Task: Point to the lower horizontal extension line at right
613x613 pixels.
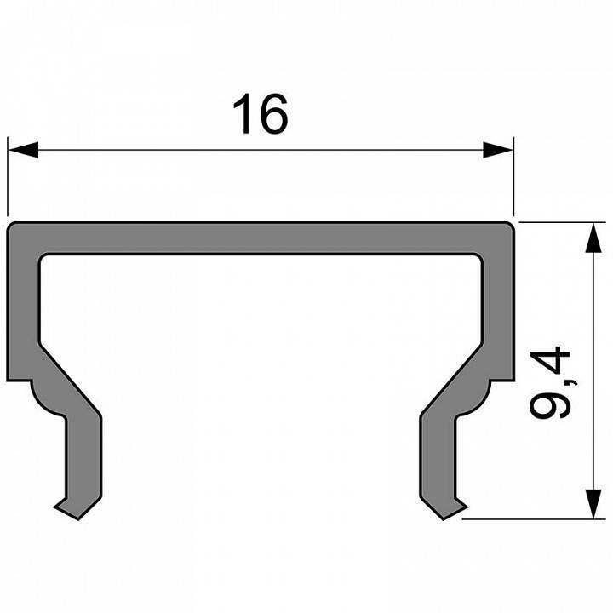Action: (536, 518)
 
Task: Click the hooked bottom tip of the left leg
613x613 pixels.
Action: (66, 508)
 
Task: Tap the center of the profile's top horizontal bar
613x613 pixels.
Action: (261, 238)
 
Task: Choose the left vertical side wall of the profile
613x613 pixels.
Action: (23, 306)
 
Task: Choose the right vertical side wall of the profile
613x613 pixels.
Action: (500, 306)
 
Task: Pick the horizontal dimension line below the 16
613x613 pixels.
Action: (261, 151)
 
